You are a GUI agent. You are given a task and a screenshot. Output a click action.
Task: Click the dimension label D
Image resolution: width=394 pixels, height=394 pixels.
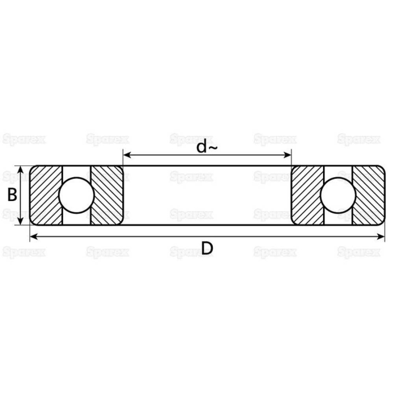(207, 248)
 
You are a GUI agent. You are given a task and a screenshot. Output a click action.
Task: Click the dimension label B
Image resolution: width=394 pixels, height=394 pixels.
(11, 195)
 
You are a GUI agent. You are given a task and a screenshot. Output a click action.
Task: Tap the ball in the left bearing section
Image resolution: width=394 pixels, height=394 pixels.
(77, 195)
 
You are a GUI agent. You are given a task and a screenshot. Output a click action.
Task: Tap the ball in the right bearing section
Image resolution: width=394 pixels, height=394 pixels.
(337, 195)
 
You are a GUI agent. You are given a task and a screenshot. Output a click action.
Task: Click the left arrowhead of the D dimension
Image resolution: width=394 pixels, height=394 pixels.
(33, 236)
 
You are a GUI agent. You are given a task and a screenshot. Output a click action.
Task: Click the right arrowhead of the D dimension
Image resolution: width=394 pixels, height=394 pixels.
(382, 236)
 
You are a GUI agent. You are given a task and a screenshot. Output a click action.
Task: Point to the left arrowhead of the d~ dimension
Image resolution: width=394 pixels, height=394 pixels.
(127, 155)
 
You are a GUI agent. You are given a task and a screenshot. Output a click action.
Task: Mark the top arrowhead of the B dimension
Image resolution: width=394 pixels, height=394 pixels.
(21, 169)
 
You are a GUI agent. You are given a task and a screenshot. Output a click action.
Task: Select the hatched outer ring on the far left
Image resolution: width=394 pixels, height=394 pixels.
(46, 195)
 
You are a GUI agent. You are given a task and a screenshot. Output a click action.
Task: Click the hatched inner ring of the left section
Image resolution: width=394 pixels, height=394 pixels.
(108, 195)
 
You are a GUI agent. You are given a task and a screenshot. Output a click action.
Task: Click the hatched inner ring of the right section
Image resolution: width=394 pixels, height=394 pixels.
(306, 195)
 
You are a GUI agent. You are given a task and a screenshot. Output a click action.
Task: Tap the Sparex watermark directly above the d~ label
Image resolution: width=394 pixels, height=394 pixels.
(191, 138)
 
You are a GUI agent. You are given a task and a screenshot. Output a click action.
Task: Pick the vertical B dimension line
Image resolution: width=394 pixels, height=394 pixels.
(21, 195)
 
